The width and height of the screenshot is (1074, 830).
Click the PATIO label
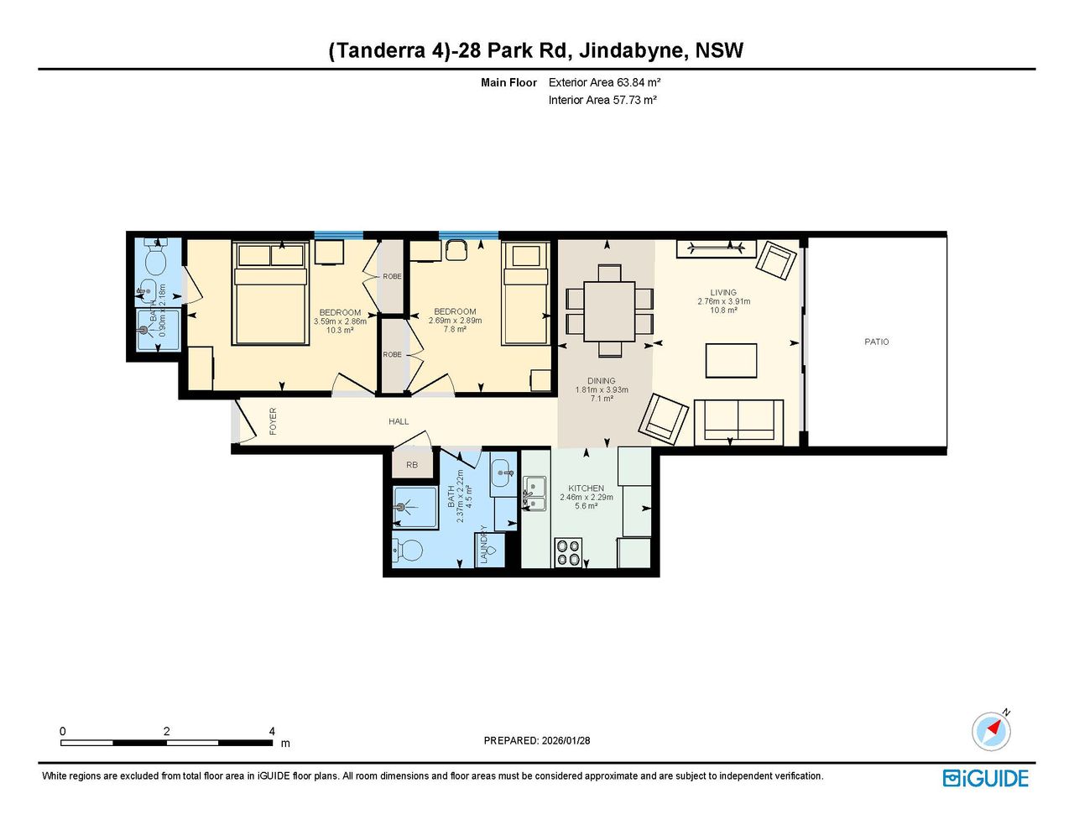(x=876, y=342)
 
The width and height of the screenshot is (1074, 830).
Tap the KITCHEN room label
(x=586, y=488)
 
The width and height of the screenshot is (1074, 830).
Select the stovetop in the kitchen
(x=568, y=552)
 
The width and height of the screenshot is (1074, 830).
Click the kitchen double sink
(x=534, y=493)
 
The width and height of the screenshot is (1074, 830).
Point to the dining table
(x=609, y=311)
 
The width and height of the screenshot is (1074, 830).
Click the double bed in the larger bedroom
(x=270, y=293)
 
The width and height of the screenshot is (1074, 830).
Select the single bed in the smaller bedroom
(x=525, y=293)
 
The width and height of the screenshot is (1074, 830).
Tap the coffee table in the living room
(x=731, y=361)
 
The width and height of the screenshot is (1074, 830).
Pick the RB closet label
(x=412, y=465)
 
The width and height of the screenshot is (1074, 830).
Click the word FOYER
(x=273, y=421)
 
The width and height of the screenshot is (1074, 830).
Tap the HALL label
(x=399, y=421)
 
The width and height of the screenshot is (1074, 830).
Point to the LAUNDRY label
(x=484, y=545)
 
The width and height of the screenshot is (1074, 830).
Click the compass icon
(x=992, y=731)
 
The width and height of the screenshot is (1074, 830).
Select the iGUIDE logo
(x=986, y=778)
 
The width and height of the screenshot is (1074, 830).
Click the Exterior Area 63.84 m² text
(x=604, y=82)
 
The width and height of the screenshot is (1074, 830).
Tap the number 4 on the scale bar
(x=272, y=731)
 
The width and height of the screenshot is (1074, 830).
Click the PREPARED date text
(x=537, y=740)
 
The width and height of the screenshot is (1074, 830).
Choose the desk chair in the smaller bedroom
(x=456, y=250)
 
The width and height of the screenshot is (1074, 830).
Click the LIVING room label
(x=723, y=292)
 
